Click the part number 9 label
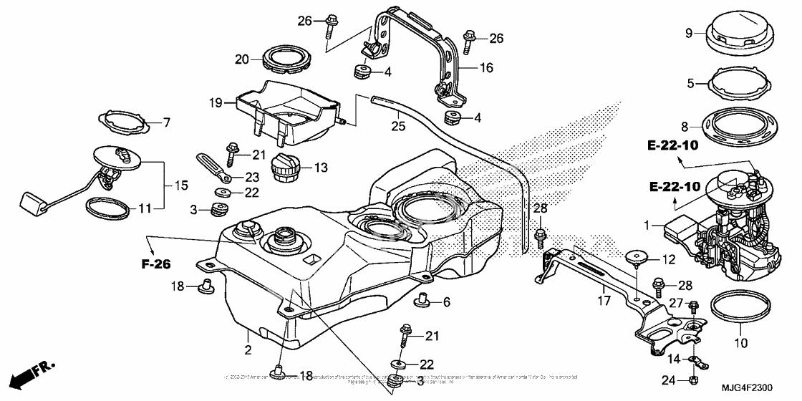coord(688,32)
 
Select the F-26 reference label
coord(155,264)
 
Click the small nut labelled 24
coord(693,379)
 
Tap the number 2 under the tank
coord(248,351)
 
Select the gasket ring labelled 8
coord(738,127)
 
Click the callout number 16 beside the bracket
coord(486,69)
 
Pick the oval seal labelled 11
coord(109,208)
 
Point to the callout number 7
coord(167,123)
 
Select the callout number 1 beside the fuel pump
coord(647,225)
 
